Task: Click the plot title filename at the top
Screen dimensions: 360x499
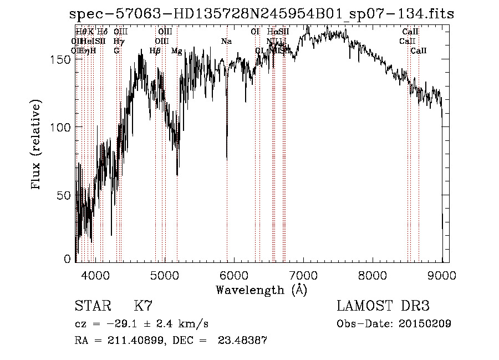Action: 263,14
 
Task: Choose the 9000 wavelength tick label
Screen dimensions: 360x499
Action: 442,274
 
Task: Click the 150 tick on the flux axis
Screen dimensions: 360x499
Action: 62,59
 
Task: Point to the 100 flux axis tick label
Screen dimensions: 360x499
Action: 62,127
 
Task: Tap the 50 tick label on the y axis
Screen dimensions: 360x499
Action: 65,195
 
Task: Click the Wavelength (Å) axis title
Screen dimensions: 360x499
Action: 261,290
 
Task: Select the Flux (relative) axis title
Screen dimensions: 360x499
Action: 37,145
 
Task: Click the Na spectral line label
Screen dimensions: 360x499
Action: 226,42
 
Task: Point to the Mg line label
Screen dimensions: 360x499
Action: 176,51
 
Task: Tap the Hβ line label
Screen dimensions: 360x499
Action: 155,51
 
